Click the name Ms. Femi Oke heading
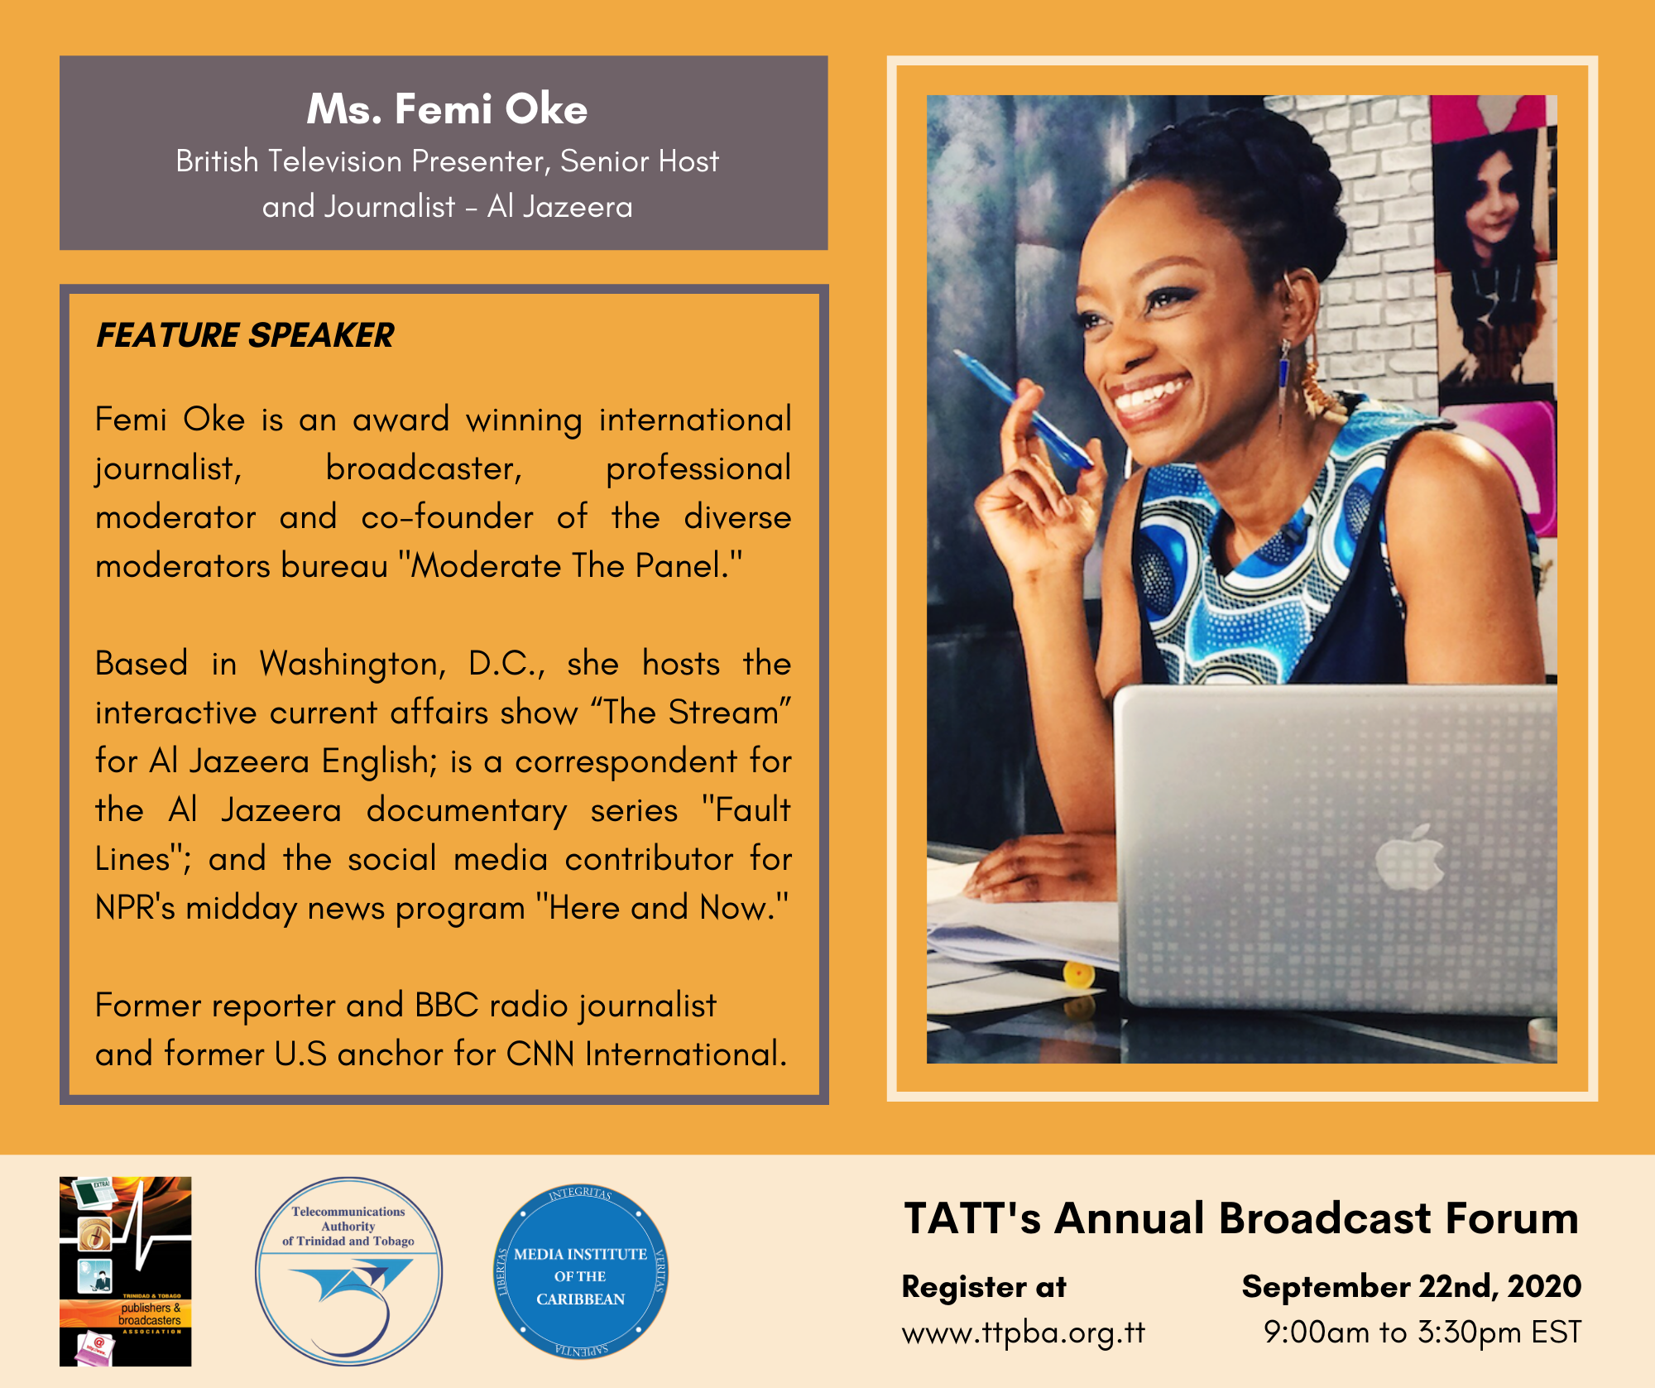pos(447,109)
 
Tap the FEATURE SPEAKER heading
pos(245,335)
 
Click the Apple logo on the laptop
pos(1410,857)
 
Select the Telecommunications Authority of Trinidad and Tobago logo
pos(348,1270)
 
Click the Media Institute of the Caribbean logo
pos(580,1270)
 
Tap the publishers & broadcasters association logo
pos(126,1270)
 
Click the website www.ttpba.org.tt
pos(1024,1333)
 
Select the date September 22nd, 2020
pos(1411,1286)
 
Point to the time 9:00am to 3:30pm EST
pos(1422,1333)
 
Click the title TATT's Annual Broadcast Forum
pos(1241,1218)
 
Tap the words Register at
pos(984,1287)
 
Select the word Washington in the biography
pos(353,664)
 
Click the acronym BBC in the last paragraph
pos(447,1005)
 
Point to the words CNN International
pos(646,1054)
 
